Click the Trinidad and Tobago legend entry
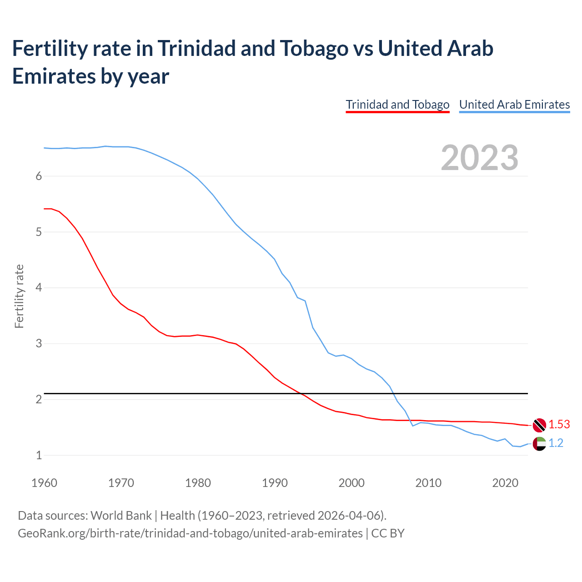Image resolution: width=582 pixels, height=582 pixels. (x=397, y=105)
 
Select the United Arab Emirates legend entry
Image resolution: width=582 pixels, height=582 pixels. (x=514, y=105)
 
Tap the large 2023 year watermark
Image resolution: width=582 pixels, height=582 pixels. (x=480, y=158)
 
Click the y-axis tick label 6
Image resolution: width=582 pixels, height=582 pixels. (x=39, y=176)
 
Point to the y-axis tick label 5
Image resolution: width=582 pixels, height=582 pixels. (x=39, y=232)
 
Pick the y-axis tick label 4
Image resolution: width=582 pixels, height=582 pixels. (x=39, y=288)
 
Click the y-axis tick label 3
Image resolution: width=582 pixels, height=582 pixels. (x=39, y=344)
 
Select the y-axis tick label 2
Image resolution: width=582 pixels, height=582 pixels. (x=39, y=400)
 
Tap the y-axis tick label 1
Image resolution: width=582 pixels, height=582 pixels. (x=39, y=455)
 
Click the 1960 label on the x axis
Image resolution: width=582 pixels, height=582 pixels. (x=44, y=483)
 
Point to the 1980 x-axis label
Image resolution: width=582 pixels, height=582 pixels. (x=198, y=483)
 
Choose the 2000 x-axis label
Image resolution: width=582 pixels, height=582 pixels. (x=351, y=483)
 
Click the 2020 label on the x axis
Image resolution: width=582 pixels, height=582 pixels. (x=505, y=483)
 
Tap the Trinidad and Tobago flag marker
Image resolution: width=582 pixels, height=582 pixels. (x=539, y=425)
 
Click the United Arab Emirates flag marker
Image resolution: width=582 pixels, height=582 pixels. (x=539, y=443)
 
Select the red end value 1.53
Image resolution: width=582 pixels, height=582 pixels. (x=559, y=425)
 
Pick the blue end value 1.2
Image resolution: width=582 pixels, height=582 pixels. (x=556, y=443)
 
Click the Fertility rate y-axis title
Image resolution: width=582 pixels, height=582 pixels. (x=19, y=296)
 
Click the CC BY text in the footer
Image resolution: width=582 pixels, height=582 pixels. (x=388, y=533)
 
